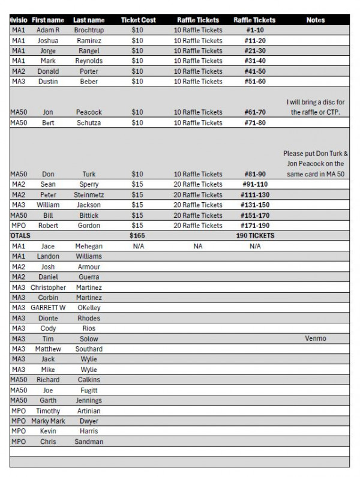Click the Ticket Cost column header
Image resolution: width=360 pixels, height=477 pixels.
pos(138,20)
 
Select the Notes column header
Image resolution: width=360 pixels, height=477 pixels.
pos(315,20)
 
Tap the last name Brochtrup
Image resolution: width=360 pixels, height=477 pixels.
pos(89,30)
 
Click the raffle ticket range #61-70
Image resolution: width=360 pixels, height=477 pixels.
pos(255,112)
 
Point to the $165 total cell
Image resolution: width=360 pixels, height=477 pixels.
pos(137,236)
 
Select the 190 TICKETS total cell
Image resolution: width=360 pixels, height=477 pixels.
pos(255,236)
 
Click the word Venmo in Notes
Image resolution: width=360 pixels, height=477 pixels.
pos(315,338)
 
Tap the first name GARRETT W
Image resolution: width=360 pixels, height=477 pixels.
pos(48,308)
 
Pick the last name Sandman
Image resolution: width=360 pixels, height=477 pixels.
pos(89,442)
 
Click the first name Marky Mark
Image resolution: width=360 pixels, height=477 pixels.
pos(48,421)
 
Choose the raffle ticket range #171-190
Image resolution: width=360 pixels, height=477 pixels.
pos(255,226)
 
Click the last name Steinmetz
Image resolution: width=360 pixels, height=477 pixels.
pos(89,195)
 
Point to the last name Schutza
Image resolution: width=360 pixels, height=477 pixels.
pos(89,122)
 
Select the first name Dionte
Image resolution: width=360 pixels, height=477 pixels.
pos(48,318)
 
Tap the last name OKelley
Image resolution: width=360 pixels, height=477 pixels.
pos(89,308)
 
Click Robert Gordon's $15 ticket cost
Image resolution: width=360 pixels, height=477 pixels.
pos(137,226)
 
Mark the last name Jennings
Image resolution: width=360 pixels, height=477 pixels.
pos(89,400)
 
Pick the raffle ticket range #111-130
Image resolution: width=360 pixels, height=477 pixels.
pos(255,195)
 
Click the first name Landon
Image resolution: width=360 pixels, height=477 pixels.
pos(48,256)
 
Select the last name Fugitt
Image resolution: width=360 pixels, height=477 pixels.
pos(89,390)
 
